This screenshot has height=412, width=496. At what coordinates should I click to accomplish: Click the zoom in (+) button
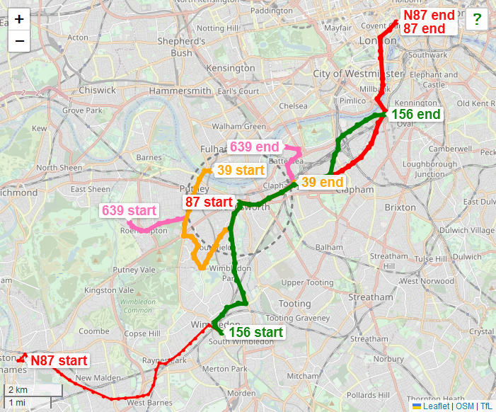click(x=19, y=19)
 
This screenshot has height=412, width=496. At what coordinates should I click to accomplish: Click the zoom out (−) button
click(x=19, y=40)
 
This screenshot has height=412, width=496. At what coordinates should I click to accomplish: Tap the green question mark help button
click(x=476, y=20)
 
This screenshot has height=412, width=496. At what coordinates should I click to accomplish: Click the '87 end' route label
click(x=425, y=28)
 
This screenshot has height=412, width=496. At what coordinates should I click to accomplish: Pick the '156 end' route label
click(x=415, y=114)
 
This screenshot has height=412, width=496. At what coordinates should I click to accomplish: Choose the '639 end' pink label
click(x=254, y=147)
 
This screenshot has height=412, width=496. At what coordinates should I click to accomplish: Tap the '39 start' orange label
click(x=241, y=170)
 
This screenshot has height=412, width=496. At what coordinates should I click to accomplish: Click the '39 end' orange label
click(x=322, y=182)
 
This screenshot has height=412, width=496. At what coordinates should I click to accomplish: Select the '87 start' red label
click(x=209, y=202)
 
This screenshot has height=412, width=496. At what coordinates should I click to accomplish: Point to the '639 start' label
click(x=129, y=210)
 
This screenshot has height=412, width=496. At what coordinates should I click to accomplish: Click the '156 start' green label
click(x=255, y=332)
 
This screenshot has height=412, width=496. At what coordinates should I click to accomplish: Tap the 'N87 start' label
click(x=59, y=360)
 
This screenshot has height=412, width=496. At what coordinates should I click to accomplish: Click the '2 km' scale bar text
click(x=18, y=390)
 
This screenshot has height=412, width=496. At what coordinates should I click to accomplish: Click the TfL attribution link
click(x=486, y=406)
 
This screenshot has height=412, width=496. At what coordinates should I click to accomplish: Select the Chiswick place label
click(x=98, y=90)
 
